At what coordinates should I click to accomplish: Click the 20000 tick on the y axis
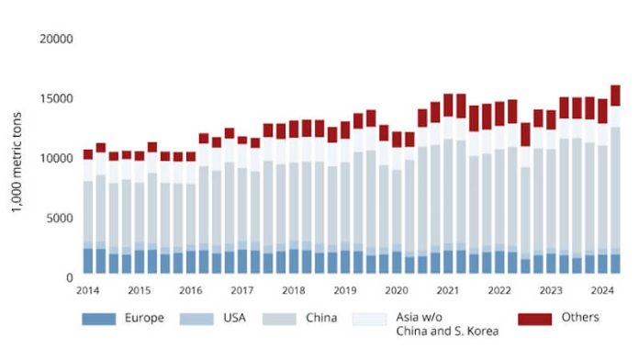(x=57, y=39)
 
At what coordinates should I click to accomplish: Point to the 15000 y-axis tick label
(x=57, y=99)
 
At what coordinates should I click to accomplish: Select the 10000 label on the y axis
(x=57, y=158)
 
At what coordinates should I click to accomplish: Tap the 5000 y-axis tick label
(x=60, y=218)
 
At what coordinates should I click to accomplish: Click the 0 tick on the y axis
(x=69, y=276)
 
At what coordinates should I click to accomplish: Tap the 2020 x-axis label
(x=396, y=290)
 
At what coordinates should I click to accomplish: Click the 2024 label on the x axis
(x=601, y=290)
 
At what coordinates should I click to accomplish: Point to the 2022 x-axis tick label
(x=499, y=290)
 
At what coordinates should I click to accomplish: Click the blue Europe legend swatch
(x=100, y=319)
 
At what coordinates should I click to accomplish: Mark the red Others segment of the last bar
(x=616, y=96)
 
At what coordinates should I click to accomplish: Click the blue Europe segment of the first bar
(x=88, y=261)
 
